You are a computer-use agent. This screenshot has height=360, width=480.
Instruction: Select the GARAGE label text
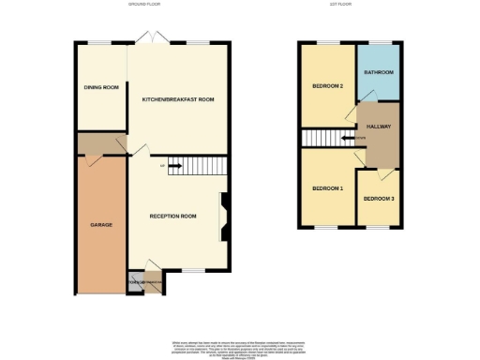pos(101,225)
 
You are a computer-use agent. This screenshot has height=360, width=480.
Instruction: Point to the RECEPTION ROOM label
pos(173,217)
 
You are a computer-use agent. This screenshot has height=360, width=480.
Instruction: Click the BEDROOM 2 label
pos(327,87)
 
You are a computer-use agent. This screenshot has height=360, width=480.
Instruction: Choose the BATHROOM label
pos(379,72)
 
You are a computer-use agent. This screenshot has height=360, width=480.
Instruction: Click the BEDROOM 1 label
pos(327,189)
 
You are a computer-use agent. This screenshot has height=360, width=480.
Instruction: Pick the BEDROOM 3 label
pos(380,199)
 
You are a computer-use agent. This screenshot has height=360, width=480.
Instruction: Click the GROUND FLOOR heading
pos(145,5)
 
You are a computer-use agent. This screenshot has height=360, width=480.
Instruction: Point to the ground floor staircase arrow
pos(173,167)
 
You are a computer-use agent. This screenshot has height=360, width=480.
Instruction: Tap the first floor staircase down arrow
pos(348,139)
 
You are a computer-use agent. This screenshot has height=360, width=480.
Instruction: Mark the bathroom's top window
pos(379,43)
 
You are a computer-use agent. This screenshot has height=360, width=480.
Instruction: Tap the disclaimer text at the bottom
pos(240,348)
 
